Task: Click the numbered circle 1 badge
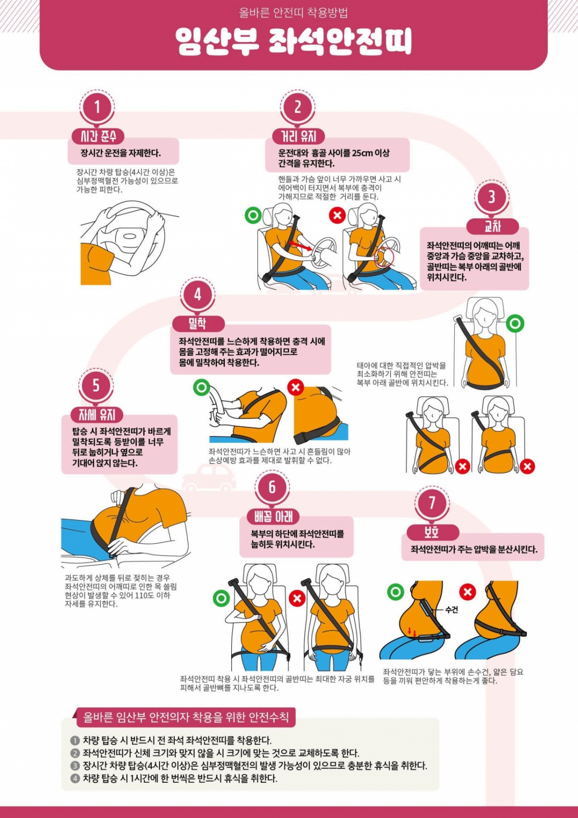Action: point(97,107)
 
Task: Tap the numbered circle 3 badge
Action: point(491,197)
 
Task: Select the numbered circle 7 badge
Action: point(432,503)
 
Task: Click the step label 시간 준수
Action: point(98,137)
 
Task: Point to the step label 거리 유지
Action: point(299,137)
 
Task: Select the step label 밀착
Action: point(197,323)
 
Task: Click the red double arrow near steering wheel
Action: point(300,245)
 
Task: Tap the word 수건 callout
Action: point(452,610)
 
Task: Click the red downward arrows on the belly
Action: point(412,631)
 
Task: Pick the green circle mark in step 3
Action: point(515,323)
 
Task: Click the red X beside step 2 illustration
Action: point(337,215)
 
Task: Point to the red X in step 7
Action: point(467,592)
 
